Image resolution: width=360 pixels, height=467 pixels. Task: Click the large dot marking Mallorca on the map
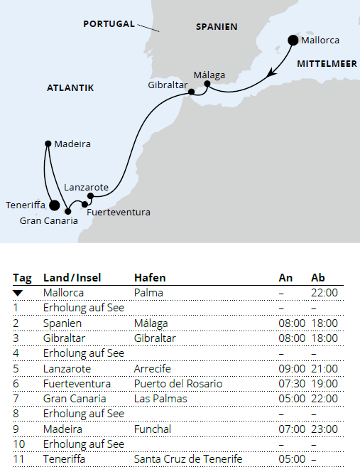[x=293, y=41]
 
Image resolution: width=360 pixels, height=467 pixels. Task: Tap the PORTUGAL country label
[x=109, y=23]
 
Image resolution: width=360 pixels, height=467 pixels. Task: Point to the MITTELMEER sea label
[x=327, y=63]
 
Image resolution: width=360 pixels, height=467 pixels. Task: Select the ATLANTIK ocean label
[x=70, y=88]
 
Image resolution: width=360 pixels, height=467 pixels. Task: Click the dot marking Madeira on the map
[x=48, y=144]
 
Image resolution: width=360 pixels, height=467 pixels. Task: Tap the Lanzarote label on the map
[x=86, y=187]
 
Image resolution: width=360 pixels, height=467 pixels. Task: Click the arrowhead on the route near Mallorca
[x=270, y=73]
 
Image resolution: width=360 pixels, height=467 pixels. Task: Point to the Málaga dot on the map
[x=207, y=84]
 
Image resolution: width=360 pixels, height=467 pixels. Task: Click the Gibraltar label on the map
[x=168, y=85]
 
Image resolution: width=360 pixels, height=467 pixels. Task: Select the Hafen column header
[x=150, y=277]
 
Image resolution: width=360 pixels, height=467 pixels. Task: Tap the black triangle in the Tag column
[x=18, y=293]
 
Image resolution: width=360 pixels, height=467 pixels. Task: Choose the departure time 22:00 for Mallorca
[x=324, y=292]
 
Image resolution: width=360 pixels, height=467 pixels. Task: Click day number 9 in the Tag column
[x=16, y=429]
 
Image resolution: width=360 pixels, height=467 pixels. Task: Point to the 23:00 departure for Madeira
[x=324, y=429]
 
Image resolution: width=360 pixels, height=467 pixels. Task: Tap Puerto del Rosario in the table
[x=178, y=383]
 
